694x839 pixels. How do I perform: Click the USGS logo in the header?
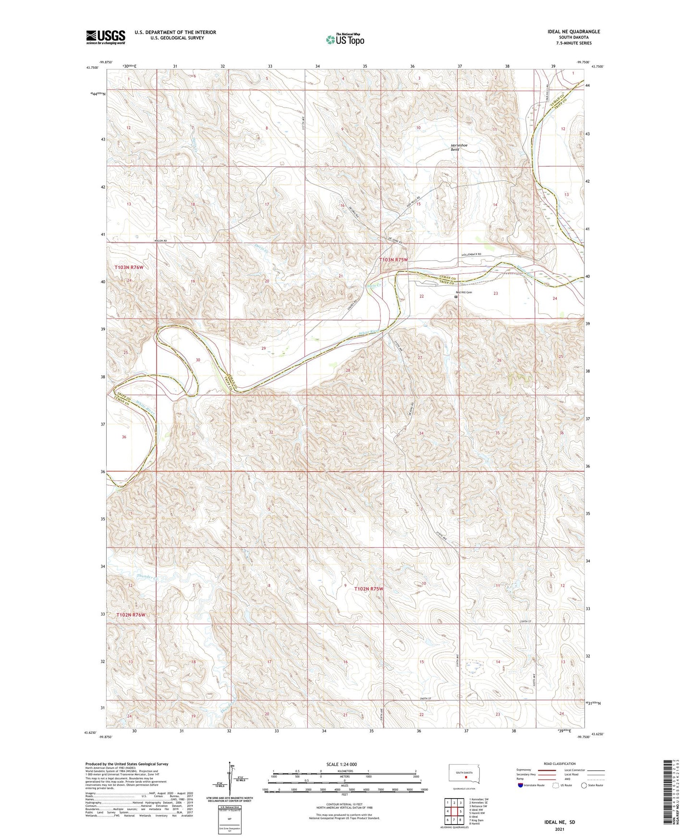106,37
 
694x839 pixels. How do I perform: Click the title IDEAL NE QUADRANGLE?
573,32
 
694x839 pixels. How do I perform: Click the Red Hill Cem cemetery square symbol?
456,297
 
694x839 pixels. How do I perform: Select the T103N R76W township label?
129,267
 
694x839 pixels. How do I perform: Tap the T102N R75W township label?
369,589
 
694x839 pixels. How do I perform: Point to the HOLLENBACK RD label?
471,254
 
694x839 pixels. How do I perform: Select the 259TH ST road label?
526,622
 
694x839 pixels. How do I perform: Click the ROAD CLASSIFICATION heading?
560,764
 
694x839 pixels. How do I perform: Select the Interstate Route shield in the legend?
521,785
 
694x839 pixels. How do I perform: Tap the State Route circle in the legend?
584,785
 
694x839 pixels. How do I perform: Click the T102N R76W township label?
130,615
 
